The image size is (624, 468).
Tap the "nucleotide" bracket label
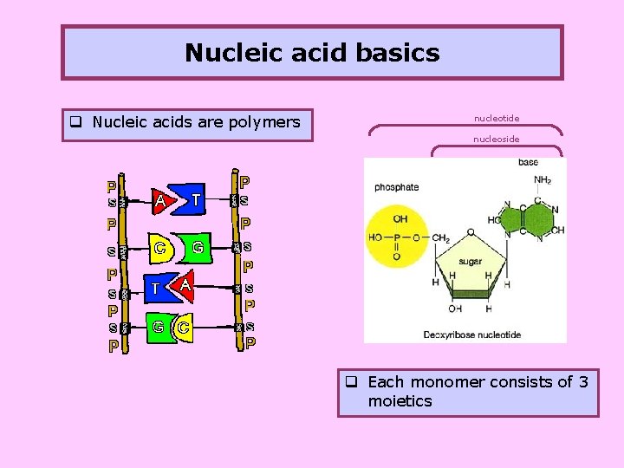pos(497,118)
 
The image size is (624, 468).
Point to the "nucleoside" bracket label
pos(497,139)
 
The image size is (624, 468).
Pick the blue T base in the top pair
pos(196,199)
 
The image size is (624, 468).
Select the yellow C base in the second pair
pos(161,248)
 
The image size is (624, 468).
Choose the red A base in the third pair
pos(185,284)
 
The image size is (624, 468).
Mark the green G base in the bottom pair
pos(159,327)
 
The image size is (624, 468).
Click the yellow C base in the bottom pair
pos(184,328)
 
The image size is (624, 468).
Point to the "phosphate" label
pos(396,187)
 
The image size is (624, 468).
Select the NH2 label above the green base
pos(543,180)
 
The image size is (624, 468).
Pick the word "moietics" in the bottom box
pos(400,401)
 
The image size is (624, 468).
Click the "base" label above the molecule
pos(528,162)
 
